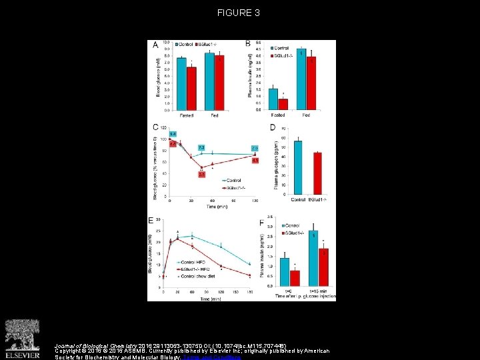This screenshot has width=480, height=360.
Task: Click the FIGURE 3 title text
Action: [239, 13]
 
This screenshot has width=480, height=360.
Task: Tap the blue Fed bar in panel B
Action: [301, 79]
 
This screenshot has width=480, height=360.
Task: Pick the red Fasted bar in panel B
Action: [283, 104]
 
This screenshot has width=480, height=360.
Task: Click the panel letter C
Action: [155, 127]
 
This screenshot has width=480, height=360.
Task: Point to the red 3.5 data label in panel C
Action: [202, 175]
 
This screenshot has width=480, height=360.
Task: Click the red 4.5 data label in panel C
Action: [255, 161]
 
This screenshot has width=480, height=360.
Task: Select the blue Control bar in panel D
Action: [298, 167]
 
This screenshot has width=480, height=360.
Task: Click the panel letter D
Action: [271, 127]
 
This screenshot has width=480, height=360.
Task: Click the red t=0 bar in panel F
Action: [295, 281]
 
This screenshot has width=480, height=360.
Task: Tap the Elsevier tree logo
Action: [22, 336]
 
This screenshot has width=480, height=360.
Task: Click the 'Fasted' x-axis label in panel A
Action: [187, 115]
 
